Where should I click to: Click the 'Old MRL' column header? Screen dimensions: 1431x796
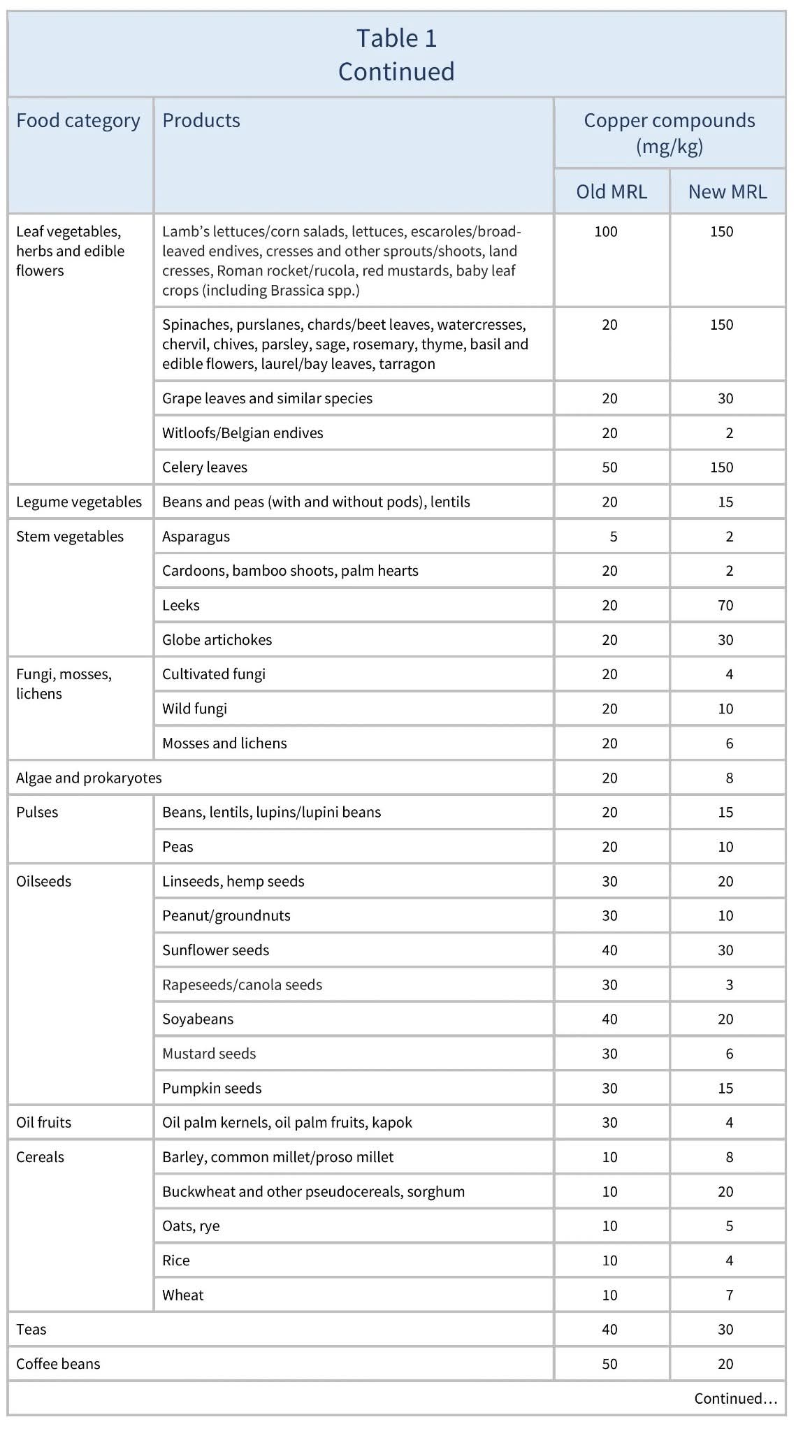point(611,191)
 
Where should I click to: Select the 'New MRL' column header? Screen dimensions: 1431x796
point(727,191)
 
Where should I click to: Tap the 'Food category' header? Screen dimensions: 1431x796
point(78,121)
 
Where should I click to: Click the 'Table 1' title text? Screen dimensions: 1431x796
point(396,38)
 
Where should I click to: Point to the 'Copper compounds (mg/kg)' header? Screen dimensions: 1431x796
point(669,133)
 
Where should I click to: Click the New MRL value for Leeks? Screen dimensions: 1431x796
point(725,605)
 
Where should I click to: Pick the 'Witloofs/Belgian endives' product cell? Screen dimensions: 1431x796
point(243,433)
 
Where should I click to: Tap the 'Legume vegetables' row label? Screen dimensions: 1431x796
point(79,502)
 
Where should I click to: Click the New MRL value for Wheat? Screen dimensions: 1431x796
point(729,1295)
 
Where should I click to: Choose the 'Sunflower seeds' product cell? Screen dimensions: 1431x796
point(215,950)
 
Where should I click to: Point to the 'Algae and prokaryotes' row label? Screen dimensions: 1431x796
point(89,778)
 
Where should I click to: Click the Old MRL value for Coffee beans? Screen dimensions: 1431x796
point(609,1363)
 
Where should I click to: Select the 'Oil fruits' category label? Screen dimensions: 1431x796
point(43,1122)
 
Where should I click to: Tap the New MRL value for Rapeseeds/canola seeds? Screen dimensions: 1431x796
point(729,985)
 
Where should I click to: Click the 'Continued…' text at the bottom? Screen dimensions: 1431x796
point(735,1398)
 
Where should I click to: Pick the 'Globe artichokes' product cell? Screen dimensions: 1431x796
point(217,640)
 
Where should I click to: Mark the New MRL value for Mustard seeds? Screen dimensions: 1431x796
point(729,1054)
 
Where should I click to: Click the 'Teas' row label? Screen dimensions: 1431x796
point(31,1329)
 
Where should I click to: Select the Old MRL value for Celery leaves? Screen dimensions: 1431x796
point(609,467)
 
